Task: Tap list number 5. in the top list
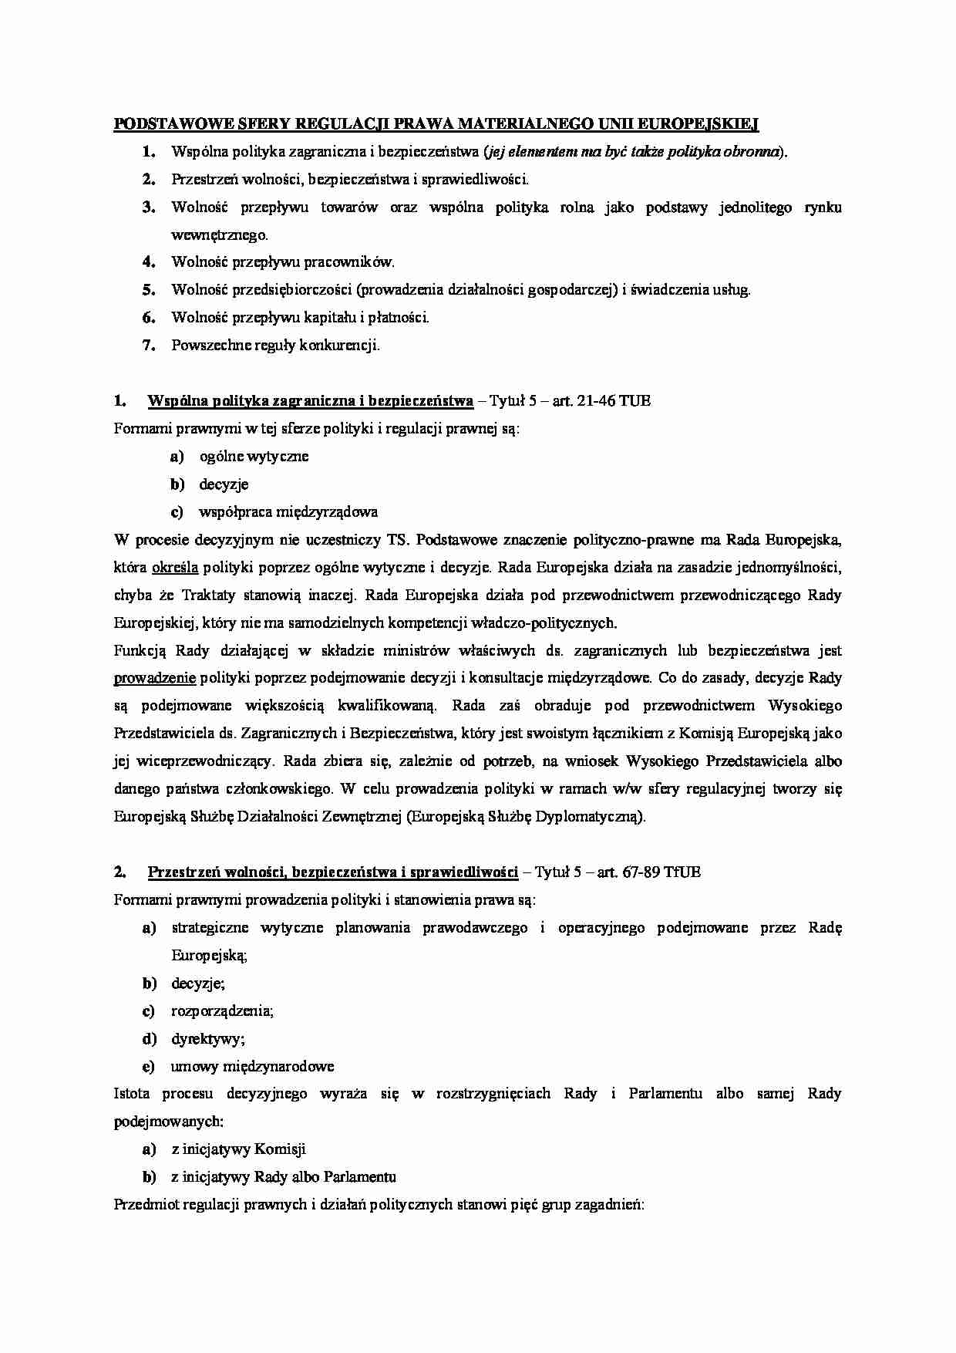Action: pyautogui.click(x=149, y=290)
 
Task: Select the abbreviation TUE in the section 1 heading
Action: pyautogui.click(x=635, y=401)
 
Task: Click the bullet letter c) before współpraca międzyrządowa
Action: pyautogui.click(x=177, y=511)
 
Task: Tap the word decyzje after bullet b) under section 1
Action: pyautogui.click(x=224, y=484)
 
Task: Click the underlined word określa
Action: pyautogui.click(x=176, y=568)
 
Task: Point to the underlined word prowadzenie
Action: pyautogui.click(x=154, y=679)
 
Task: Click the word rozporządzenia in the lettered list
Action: pyautogui.click(x=222, y=1011)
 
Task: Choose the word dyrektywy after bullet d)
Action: pyautogui.click(x=207, y=1039)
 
